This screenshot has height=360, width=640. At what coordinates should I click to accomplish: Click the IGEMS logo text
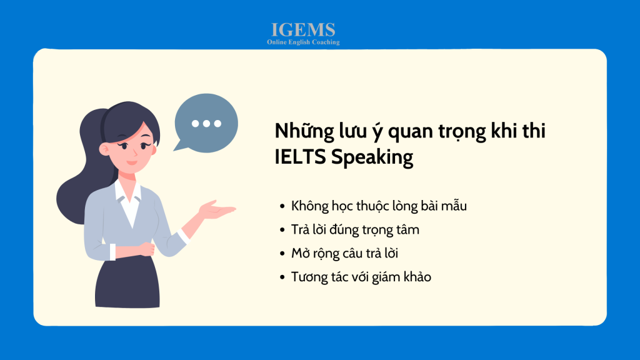(x=303, y=30)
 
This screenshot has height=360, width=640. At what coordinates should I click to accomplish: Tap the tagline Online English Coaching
(x=303, y=42)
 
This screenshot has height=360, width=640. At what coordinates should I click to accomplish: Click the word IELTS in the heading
(x=300, y=157)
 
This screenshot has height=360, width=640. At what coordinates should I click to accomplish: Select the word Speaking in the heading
(x=372, y=157)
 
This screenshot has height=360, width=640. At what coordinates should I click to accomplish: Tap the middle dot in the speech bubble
(x=206, y=123)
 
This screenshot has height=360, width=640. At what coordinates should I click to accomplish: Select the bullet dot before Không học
(x=282, y=206)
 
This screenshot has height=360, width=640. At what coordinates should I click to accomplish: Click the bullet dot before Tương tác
(x=282, y=277)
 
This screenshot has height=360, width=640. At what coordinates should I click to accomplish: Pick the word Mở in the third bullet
(x=301, y=253)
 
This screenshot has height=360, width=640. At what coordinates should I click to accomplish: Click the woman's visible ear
(x=104, y=149)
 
